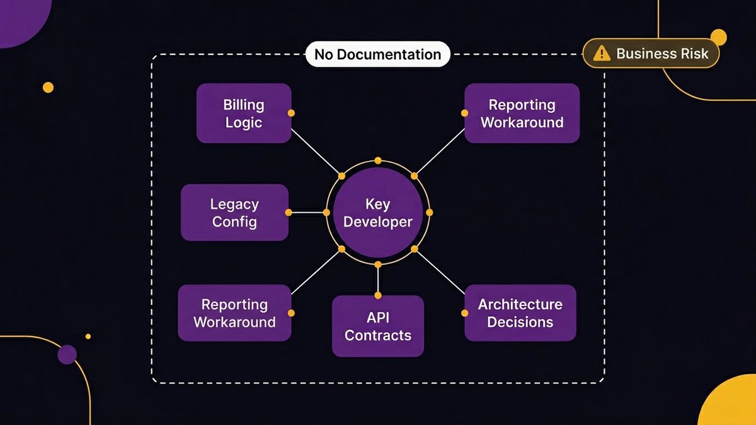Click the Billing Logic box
point(244,113)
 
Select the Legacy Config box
point(234,213)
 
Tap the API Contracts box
point(378,326)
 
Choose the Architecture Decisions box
point(520,313)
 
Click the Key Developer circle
point(378,213)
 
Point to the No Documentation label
point(377,54)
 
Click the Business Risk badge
point(651,54)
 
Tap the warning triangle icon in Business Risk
point(602,54)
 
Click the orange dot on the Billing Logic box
point(291,113)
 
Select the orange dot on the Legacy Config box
point(289,213)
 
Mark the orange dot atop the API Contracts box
point(378,295)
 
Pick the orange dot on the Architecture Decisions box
point(465,313)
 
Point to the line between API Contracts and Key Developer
point(378,280)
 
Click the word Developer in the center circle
point(378,222)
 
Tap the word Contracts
point(378,335)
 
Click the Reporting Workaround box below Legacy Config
point(234,313)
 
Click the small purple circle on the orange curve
point(67,354)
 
